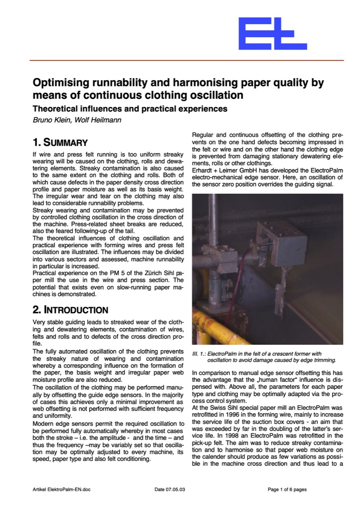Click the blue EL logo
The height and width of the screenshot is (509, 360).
click(272, 34)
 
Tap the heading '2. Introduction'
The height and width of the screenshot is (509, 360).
click(70, 310)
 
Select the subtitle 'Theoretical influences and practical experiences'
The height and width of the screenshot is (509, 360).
click(130, 109)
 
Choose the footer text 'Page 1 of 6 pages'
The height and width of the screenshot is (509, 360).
click(287, 489)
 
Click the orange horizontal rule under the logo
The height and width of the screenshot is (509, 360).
click(186, 61)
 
